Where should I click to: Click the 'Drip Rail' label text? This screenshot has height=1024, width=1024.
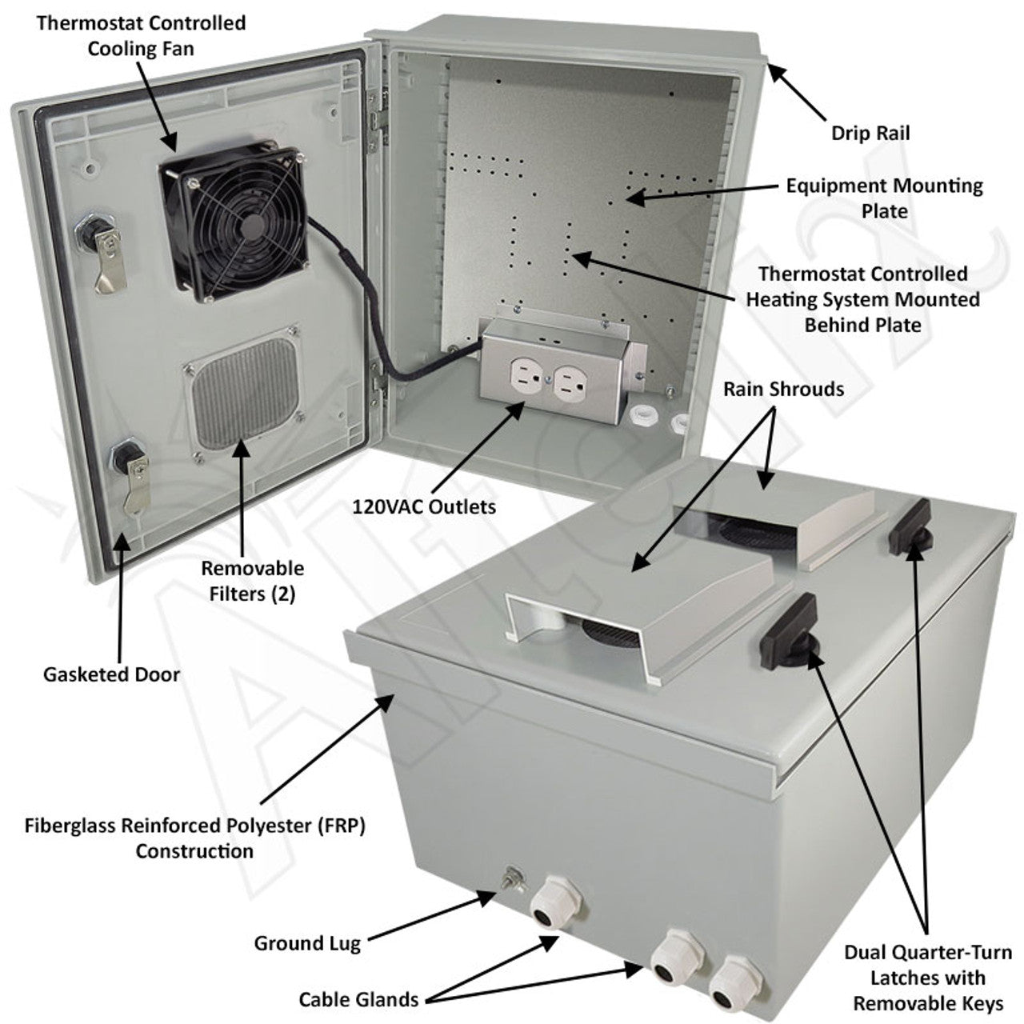(870, 133)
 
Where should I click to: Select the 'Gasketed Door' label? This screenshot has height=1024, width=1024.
(111, 674)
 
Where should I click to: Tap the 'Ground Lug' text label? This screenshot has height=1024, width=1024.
(307, 943)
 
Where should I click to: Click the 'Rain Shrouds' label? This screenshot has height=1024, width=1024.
(783, 389)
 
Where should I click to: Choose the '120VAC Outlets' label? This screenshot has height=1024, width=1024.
(424, 506)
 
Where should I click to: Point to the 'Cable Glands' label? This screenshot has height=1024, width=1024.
(358, 998)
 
